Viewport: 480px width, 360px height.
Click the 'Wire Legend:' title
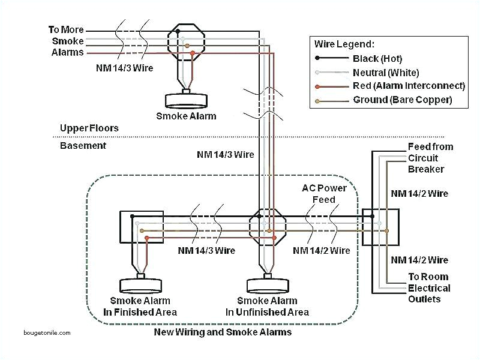point(344,44)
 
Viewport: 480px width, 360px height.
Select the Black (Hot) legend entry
point(377,59)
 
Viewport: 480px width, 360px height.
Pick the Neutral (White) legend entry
point(385,73)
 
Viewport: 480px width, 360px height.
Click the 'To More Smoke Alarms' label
point(67,41)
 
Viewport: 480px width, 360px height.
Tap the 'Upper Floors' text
point(89,128)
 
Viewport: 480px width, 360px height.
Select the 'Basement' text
point(83,146)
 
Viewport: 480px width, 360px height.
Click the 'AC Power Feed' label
point(324,194)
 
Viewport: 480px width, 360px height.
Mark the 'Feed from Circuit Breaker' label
point(430,158)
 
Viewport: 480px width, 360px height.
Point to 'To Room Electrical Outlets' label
point(428,288)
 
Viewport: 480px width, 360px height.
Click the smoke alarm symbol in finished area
point(141,284)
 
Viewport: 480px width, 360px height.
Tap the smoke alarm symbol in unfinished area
point(267,284)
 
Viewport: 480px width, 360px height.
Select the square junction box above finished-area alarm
point(141,227)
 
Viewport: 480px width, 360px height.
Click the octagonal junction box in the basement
point(265,226)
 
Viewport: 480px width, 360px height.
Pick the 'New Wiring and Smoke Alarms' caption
point(223,332)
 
